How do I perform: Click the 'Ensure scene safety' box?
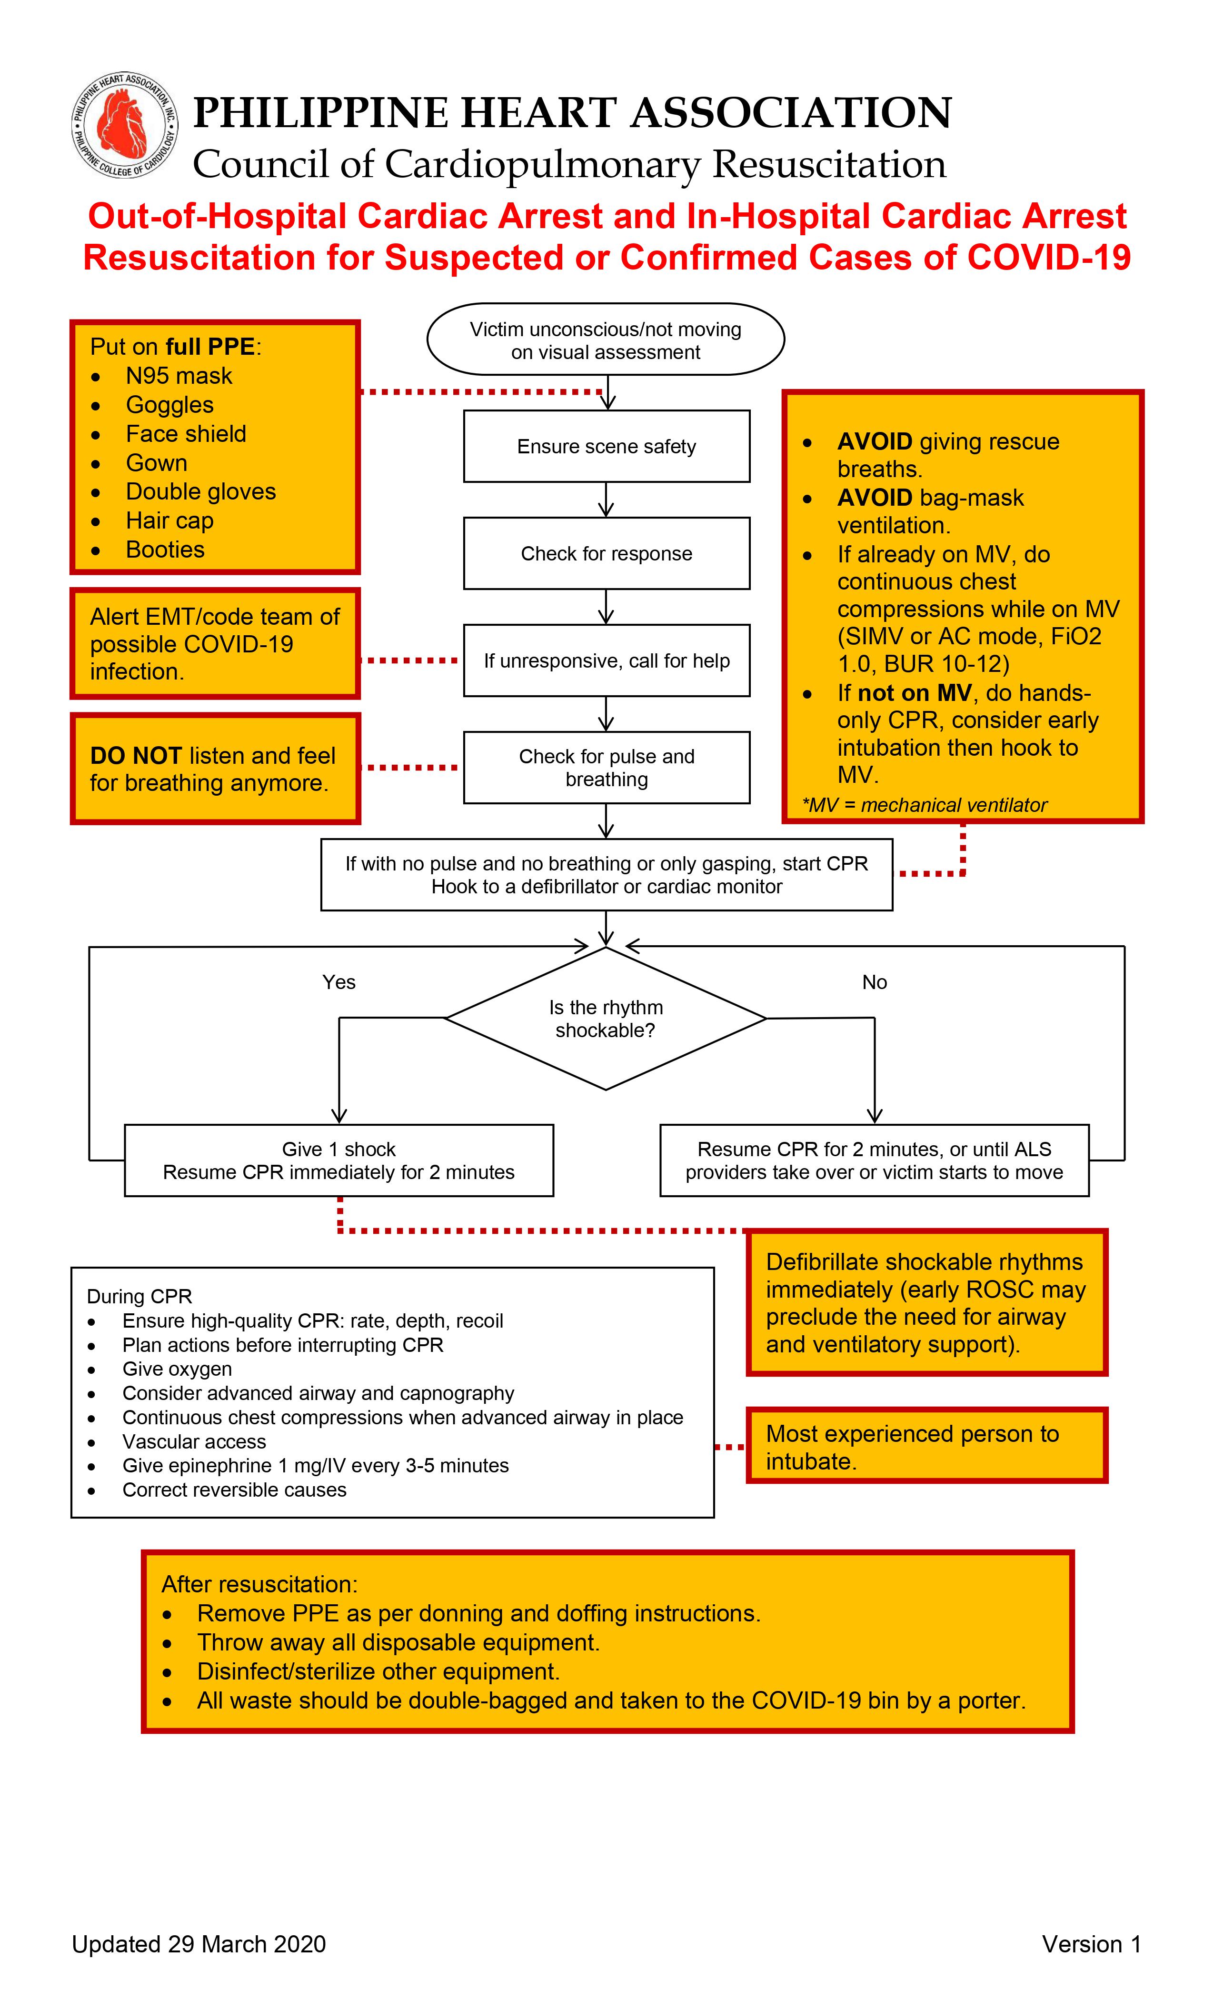click(x=606, y=447)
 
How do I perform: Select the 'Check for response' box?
click(x=606, y=553)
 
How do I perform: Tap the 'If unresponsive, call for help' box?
click(x=606, y=661)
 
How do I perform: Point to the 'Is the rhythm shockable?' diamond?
click(x=606, y=1019)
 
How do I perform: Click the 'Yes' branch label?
click(x=338, y=982)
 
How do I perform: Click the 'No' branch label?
click(x=874, y=982)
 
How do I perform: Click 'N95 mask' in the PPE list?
click(x=179, y=376)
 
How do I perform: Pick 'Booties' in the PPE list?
click(x=165, y=550)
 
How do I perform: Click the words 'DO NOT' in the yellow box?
click(x=136, y=756)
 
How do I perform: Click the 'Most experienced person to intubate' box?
click(x=926, y=1447)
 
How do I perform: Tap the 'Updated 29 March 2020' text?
click(x=199, y=1944)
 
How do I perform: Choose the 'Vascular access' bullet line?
click(x=194, y=1441)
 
